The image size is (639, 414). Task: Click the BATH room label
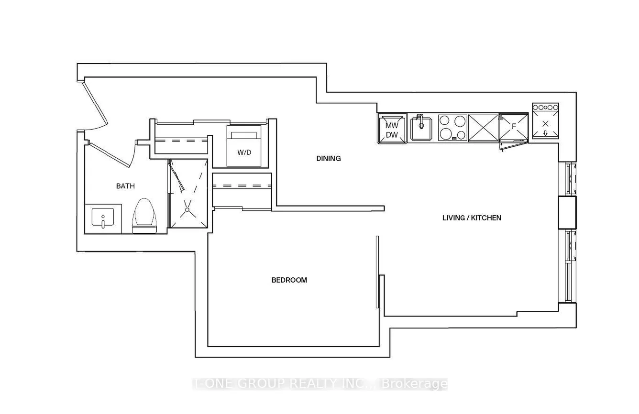pyautogui.click(x=125, y=186)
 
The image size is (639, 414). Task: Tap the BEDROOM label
pyautogui.click(x=289, y=280)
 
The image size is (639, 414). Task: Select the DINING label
pyautogui.click(x=329, y=159)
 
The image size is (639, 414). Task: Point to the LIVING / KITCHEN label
pyautogui.click(x=472, y=218)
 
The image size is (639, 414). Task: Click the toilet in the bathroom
pyautogui.click(x=145, y=216)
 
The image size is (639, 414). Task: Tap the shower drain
pyautogui.click(x=187, y=210)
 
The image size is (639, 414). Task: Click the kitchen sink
pyautogui.click(x=421, y=129)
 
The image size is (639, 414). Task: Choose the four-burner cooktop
pyautogui.click(x=452, y=128)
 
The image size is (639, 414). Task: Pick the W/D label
pyautogui.click(x=244, y=152)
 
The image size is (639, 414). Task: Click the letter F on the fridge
pyautogui.click(x=514, y=126)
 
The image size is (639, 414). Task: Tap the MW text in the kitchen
pyautogui.click(x=392, y=125)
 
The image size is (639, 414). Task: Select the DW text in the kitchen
pyautogui.click(x=392, y=135)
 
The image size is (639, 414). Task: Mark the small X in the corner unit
pyautogui.click(x=545, y=124)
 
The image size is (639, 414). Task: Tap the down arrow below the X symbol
pyautogui.click(x=545, y=133)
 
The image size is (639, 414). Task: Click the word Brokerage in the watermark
pyautogui.click(x=414, y=384)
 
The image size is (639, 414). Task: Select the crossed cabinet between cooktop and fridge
pyautogui.click(x=483, y=128)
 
